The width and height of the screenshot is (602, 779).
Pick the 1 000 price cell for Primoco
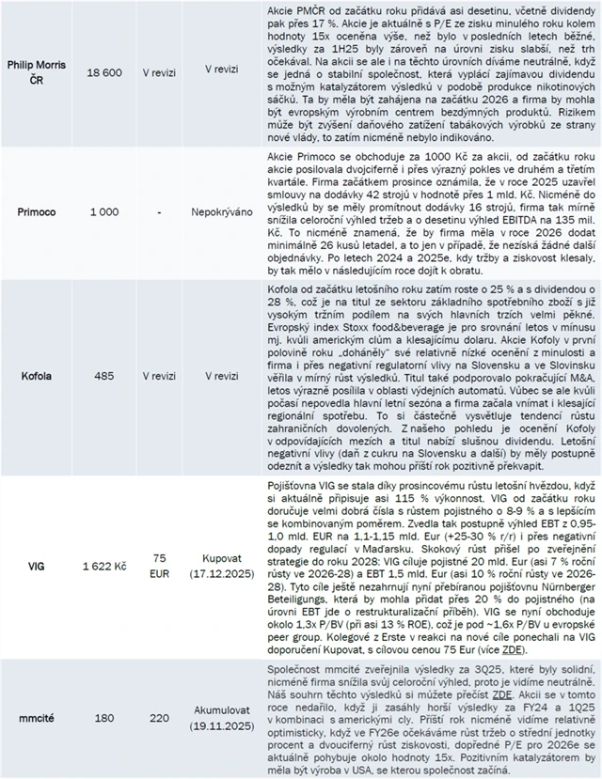tap(104, 212)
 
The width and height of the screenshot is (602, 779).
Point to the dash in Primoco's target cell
tap(159, 212)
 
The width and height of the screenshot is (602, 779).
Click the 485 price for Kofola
tap(104, 375)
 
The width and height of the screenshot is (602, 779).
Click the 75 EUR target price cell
tap(159, 568)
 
